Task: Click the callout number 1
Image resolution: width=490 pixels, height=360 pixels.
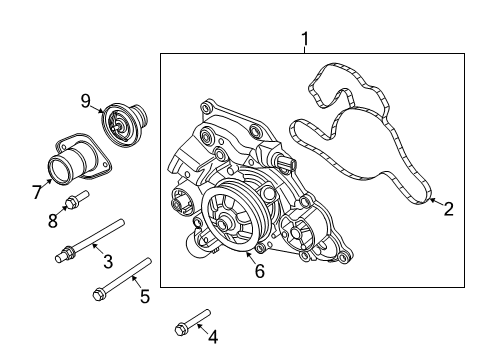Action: (305, 39)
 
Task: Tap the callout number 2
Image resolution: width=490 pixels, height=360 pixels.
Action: (448, 208)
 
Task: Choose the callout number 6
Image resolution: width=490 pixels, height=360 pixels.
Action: (259, 271)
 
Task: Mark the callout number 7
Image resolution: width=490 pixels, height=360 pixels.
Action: (37, 190)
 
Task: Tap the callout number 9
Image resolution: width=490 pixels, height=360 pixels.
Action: (86, 99)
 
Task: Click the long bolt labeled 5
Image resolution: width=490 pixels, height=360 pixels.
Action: (122, 278)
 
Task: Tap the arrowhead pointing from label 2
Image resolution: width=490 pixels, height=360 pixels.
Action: (431, 201)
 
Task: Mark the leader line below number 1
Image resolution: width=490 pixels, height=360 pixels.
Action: (305, 50)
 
